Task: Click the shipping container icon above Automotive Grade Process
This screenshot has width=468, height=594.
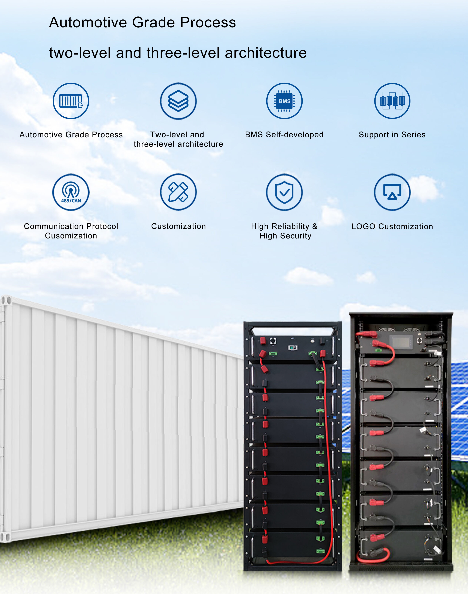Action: (x=71, y=101)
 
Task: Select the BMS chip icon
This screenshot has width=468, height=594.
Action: (x=284, y=101)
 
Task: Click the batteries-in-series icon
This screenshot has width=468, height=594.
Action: (x=392, y=101)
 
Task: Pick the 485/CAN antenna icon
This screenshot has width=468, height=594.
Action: (x=71, y=192)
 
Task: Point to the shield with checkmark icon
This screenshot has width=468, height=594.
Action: (x=284, y=192)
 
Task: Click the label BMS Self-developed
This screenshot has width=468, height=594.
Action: (x=284, y=135)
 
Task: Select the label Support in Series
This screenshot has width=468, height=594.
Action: (x=392, y=135)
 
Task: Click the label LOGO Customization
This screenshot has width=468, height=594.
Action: (x=392, y=226)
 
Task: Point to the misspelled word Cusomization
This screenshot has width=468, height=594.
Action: (x=71, y=236)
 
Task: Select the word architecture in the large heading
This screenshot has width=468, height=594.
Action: (x=266, y=53)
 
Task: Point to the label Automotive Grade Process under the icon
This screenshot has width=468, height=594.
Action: (x=71, y=135)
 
